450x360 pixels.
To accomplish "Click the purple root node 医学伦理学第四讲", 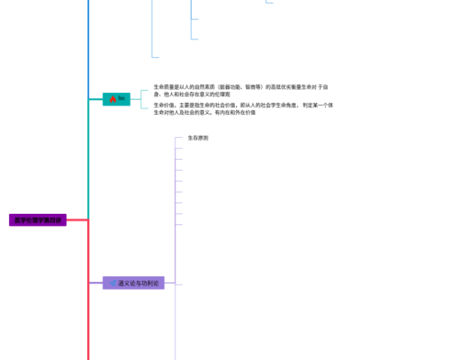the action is pyautogui.click(x=37, y=220).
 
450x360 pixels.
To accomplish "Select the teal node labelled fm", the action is pyautogui.click(x=116, y=98).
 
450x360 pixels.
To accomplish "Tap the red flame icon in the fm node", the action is pyautogui.click(x=112, y=98).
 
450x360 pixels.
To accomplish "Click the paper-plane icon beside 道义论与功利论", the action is pyautogui.click(x=112, y=283).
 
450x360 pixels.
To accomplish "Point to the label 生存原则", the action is pyautogui.click(x=198, y=138).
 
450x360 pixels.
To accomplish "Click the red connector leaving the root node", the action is pyautogui.click(x=77, y=220).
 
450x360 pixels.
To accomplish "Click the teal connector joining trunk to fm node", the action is pyautogui.click(x=95, y=98).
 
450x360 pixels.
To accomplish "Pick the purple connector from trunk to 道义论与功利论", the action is pyautogui.click(x=95, y=283).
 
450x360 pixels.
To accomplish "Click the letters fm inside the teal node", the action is pyautogui.click(x=121, y=98).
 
